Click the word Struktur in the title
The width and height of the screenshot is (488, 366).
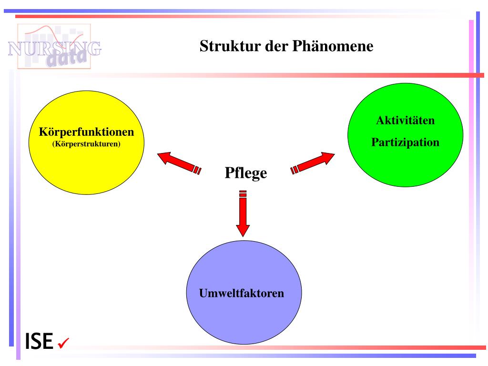pos(222,46)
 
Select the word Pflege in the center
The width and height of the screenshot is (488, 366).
pos(245,173)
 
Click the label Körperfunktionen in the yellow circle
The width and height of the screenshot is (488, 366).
pos(86,132)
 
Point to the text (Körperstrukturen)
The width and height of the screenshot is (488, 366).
pos(86,143)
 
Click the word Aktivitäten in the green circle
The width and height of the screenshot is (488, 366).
pos(406,120)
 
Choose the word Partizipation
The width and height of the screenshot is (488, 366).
pos(406,142)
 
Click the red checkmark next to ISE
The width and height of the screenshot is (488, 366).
pos(63,343)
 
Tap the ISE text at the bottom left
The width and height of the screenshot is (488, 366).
pos(39,341)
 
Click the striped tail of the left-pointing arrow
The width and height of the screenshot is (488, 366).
pos(197,170)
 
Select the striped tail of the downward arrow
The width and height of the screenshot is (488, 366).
pos(243,194)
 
